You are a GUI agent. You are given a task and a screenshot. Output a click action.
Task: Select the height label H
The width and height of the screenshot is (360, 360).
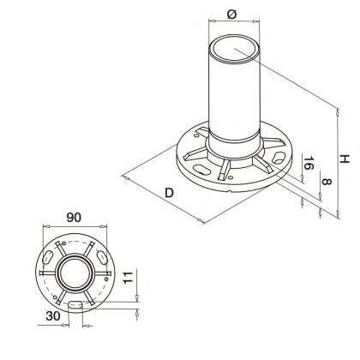click(344, 159)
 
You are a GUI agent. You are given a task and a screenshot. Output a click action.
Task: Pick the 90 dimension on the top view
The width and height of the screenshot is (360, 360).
click(76, 218)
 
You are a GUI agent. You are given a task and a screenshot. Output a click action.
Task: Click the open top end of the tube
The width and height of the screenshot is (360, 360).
click(234, 50)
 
